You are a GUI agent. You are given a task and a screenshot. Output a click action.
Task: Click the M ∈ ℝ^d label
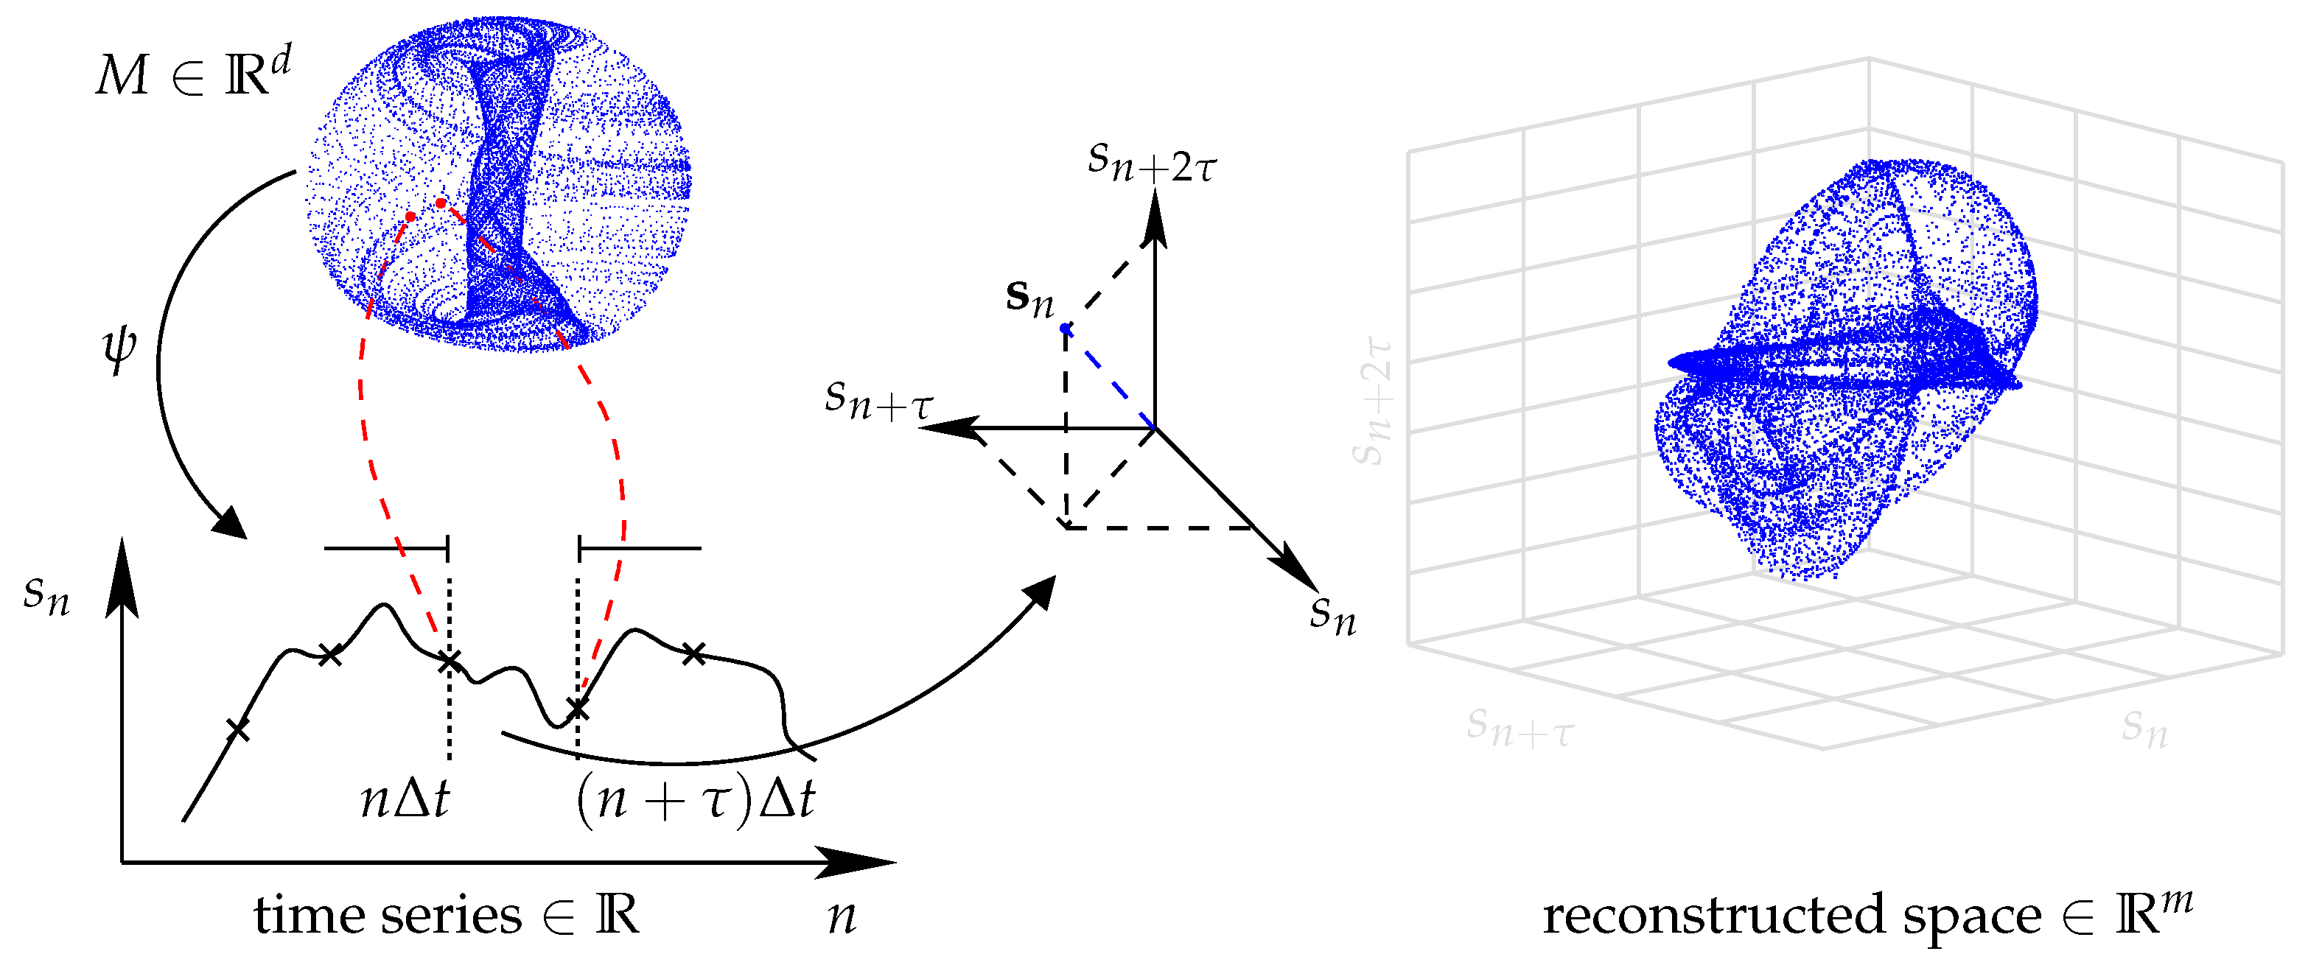tap(192, 72)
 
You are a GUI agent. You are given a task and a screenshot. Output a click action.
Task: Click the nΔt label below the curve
tap(405, 799)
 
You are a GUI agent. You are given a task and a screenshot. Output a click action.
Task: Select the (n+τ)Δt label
tap(695, 799)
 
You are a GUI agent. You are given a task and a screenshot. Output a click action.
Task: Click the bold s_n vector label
tap(1029, 298)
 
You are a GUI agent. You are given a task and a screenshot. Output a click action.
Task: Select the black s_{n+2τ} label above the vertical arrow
tap(1151, 162)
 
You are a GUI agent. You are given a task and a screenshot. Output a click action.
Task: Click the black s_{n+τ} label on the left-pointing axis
tap(879, 399)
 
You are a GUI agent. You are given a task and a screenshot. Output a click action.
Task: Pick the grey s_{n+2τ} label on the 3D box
tap(1374, 401)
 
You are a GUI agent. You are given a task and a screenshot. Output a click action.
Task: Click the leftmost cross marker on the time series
tap(238, 729)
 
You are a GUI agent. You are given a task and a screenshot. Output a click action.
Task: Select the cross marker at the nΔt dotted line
tap(449, 663)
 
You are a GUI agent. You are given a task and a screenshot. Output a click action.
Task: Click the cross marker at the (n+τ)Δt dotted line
tap(578, 710)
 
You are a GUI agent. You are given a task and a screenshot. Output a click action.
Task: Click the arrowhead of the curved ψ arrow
tap(231, 524)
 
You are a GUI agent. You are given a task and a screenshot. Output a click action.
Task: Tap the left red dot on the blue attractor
tap(410, 217)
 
